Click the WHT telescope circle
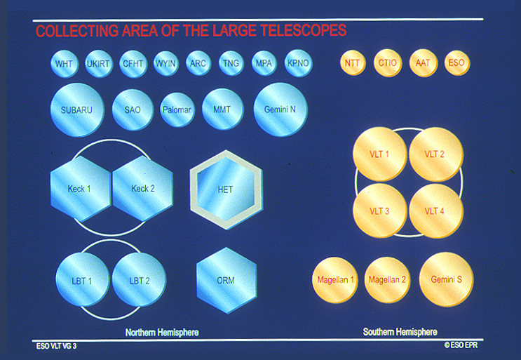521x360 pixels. click(x=65, y=64)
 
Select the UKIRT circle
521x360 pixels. click(x=99, y=64)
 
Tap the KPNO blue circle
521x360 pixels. click(x=298, y=64)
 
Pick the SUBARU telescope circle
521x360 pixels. click(x=77, y=110)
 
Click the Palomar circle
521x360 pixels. click(x=177, y=109)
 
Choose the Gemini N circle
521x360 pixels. click(x=280, y=109)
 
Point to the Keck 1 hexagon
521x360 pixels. click(x=79, y=188)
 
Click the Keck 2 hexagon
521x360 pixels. click(x=142, y=188)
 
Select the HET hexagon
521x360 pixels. click(x=225, y=189)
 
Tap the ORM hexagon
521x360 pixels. click(x=226, y=280)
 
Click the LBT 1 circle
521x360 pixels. click(x=82, y=281)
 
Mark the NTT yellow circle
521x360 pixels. click(x=353, y=62)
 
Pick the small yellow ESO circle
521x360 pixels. click(x=456, y=62)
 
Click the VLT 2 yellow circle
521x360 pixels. click(x=435, y=154)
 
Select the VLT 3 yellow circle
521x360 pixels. click(x=379, y=211)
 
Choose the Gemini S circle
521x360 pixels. click(x=446, y=279)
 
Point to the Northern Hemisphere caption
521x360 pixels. click(x=162, y=332)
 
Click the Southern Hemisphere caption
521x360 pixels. click(x=400, y=332)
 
